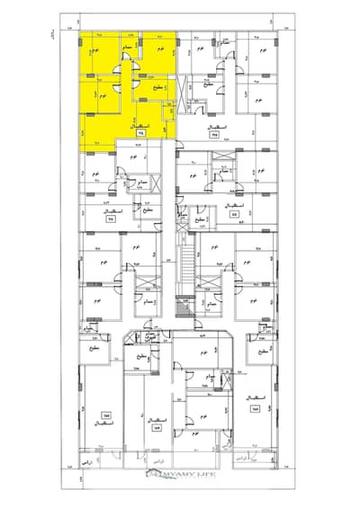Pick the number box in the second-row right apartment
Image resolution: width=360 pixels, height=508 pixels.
[235, 215]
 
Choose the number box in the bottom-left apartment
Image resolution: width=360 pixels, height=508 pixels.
[106, 416]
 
